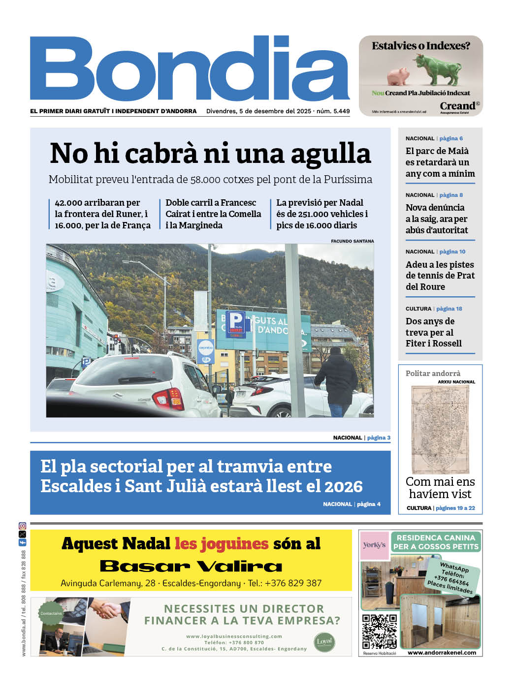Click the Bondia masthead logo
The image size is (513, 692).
190,69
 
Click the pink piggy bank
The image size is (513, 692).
398,77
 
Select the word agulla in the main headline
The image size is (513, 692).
331,153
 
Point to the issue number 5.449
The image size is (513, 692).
341,111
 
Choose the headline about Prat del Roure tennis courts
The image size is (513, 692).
440,276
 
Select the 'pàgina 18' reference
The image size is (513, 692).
449,309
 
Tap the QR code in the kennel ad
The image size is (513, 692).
379,631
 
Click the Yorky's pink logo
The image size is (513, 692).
374,545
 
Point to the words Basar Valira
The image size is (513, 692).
191,566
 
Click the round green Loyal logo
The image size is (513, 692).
324,641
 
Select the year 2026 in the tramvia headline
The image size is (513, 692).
340,486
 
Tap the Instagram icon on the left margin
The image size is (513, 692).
22,526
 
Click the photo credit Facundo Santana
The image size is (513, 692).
352,241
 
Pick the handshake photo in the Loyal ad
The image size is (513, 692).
109,610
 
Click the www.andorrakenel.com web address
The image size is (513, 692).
442,653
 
